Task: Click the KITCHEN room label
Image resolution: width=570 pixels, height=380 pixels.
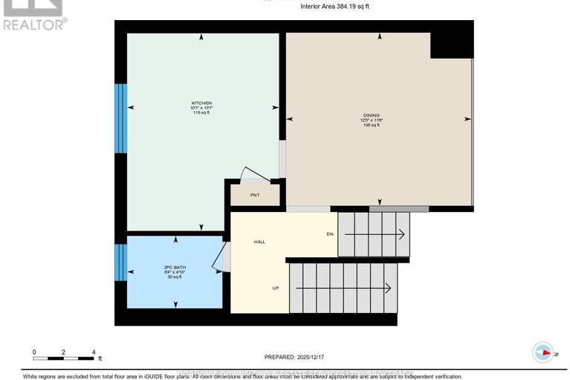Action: [x=201, y=103]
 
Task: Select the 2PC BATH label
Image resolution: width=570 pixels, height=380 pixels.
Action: [x=174, y=266]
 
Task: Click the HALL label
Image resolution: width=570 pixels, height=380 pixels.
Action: [x=259, y=242]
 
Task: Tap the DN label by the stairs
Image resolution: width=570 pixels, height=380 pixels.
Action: [x=330, y=234]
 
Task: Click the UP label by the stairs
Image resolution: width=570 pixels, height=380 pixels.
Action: [x=275, y=289]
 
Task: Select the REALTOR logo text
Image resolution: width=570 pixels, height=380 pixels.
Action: [x=34, y=24]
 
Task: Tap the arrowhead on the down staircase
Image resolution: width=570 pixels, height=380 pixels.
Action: [x=401, y=235]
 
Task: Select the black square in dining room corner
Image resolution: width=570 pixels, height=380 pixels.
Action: [x=450, y=45]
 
